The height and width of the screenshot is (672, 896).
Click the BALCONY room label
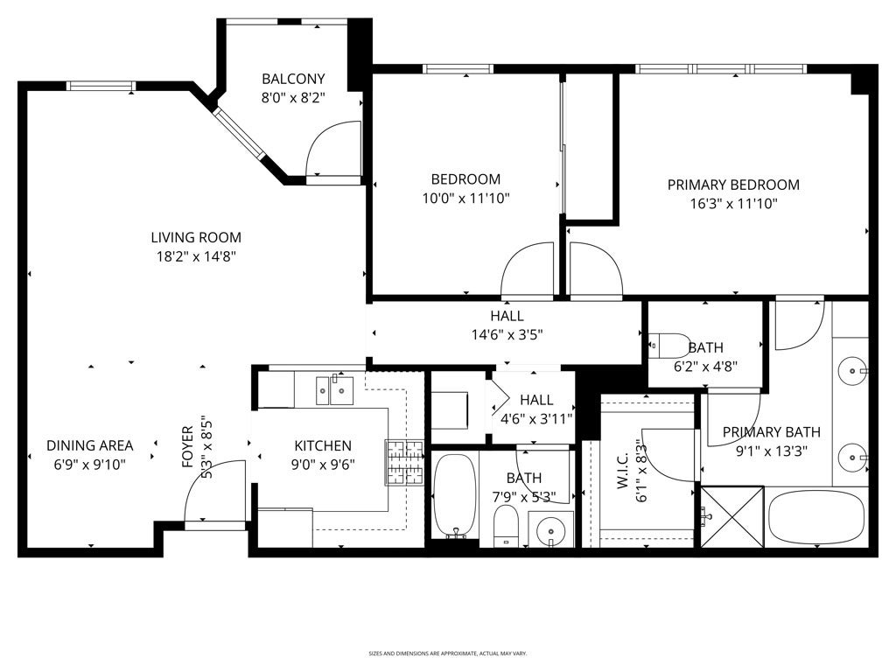[x=293, y=79]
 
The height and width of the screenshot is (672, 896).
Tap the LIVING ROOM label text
[x=196, y=237]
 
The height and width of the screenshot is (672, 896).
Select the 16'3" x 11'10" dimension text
[x=733, y=204]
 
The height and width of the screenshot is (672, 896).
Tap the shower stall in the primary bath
[x=731, y=517]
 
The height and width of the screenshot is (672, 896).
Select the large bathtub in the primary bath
[x=817, y=517]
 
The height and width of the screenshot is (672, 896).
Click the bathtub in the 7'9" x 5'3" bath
[x=454, y=494]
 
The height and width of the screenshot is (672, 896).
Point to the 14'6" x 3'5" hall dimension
[x=507, y=333]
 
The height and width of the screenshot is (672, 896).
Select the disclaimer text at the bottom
[x=447, y=653]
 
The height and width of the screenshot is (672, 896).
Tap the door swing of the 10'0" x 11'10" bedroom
[x=527, y=269]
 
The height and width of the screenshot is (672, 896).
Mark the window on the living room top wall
[x=101, y=85]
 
